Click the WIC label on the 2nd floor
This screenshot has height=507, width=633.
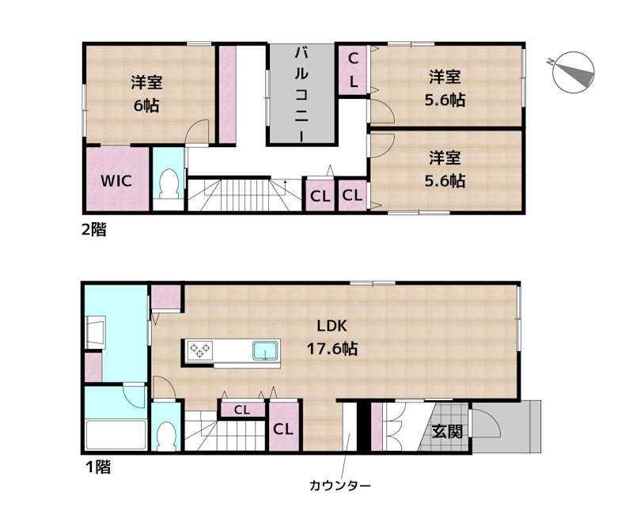(116, 181)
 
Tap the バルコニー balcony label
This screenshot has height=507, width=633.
(301, 94)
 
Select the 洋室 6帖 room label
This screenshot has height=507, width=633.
(146, 94)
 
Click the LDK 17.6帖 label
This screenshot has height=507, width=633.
(332, 337)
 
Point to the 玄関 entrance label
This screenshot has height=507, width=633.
(447, 432)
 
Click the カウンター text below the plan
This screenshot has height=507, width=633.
(340, 485)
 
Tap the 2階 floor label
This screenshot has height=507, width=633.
(94, 229)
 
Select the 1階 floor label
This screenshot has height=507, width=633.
(97, 467)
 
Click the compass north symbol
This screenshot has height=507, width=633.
(572, 73)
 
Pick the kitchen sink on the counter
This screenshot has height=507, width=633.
(265, 350)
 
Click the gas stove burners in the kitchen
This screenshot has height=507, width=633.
(200, 350)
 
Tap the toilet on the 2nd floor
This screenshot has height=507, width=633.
(169, 184)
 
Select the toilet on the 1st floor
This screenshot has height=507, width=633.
(166, 436)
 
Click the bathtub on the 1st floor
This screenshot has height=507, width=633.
(116, 434)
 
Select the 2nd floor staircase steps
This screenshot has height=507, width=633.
(245, 195)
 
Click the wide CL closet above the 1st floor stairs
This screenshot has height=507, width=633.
(242, 410)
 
